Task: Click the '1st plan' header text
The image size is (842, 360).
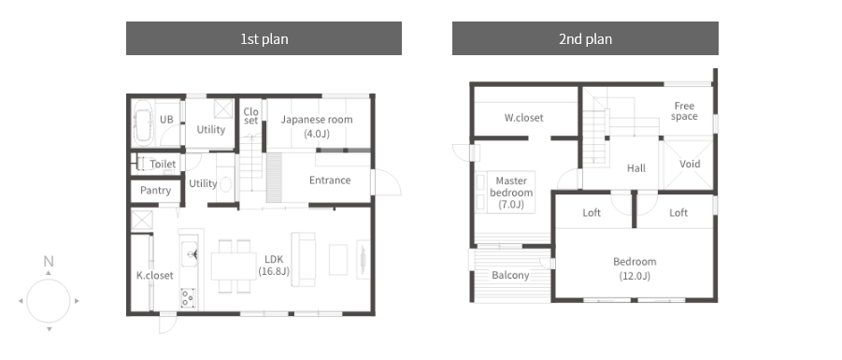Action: pyautogui.click(x=264, y=38)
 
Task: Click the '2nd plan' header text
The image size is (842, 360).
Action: pyautogui.click(x=585, y=38)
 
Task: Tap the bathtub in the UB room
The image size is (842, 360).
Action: pyautogui.click(x=143, y=122)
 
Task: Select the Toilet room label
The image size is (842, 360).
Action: pyautogui.click(x=163, y=164)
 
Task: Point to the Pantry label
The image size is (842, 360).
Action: pyautogui.click(x=155, y=190)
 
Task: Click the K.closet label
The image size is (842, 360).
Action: pyautogui.click(x=154, y=275)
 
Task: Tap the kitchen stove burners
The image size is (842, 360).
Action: pyautogui.click(x=188, y=297)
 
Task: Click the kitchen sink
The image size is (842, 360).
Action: pyautogui.click(x=189, y=253)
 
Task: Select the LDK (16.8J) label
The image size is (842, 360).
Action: pyautogui.click(x=274, y=266)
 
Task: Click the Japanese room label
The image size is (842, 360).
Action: pyautogui.click(x=317, y=126)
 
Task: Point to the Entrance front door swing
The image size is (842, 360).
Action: pyautogui.click(x=388, y=182)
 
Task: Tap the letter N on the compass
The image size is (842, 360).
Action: pyautogui.click(x=49, y=262)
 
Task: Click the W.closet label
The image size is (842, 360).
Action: pyautogui.click(x=523, y=118)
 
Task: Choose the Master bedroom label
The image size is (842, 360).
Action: pyautogui.click(x=511, y=193)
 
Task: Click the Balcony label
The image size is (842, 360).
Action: pyautogui.click(x=510, y=276)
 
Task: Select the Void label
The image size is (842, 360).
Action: pyautogui.click(x=690, y=164)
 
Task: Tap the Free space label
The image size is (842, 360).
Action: pyautogui.click(x=684, y=111)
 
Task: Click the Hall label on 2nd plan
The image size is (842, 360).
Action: pyautogui.click(x=636, y=168)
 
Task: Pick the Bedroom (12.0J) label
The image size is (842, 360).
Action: pyautogui.click(x=635, y=268)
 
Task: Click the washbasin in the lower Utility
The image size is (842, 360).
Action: pyautogui.click(x=226, y=184)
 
